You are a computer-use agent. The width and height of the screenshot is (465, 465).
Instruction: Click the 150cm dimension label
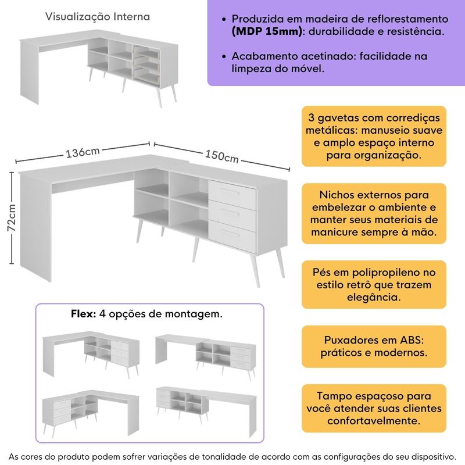coord(221,156)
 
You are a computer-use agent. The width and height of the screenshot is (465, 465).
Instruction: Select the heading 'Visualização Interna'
coord(98,17)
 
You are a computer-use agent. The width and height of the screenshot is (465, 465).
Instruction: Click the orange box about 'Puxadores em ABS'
coord(374,346)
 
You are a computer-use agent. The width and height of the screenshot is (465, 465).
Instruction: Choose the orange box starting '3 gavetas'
coord(374,136)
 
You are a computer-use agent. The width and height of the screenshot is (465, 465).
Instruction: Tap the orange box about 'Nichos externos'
coord(374,213)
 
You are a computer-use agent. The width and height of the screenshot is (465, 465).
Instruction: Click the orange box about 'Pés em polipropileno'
coord(374,284)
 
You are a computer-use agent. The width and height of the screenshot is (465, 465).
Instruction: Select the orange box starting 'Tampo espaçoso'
coord(374,407)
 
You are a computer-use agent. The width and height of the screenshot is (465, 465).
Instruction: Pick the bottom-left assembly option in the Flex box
coord(90,410)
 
